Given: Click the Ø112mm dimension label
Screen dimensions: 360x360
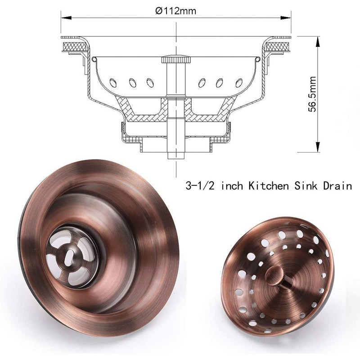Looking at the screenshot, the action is pos(175,10).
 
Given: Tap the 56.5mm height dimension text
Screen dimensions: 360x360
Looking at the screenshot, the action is pos(312,94).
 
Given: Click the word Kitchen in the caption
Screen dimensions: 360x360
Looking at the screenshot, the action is pos(268,185).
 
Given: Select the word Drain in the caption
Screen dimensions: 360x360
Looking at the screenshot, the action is pos(337,185).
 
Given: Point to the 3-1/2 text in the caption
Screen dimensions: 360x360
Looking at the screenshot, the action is pos(200,185).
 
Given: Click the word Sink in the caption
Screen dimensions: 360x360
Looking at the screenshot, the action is pos(306,185).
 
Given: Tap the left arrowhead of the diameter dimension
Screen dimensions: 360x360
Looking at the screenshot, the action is pos(66,18).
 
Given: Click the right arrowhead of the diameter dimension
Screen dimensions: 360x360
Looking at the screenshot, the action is pos(285,18).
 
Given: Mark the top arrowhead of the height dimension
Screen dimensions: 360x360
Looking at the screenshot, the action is pos(318,41).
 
